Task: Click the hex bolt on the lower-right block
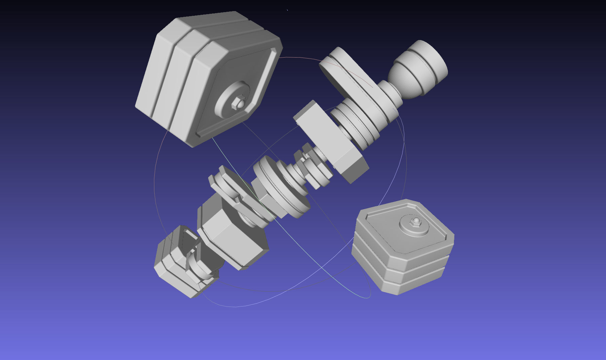[x=416, y=221]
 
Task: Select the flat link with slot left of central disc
[x=229, y=192]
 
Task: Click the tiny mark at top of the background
[x=287, y=10]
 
